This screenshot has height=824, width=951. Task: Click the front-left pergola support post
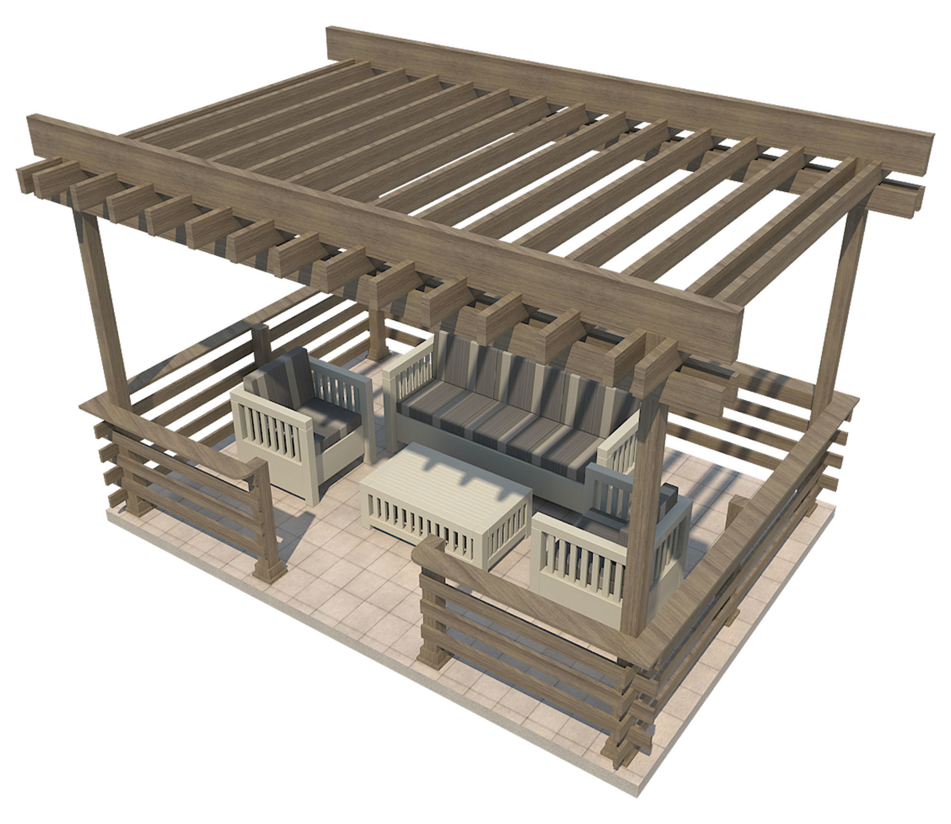[x=102, y=309]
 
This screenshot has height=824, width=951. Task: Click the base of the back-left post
[x=378, y=352]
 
